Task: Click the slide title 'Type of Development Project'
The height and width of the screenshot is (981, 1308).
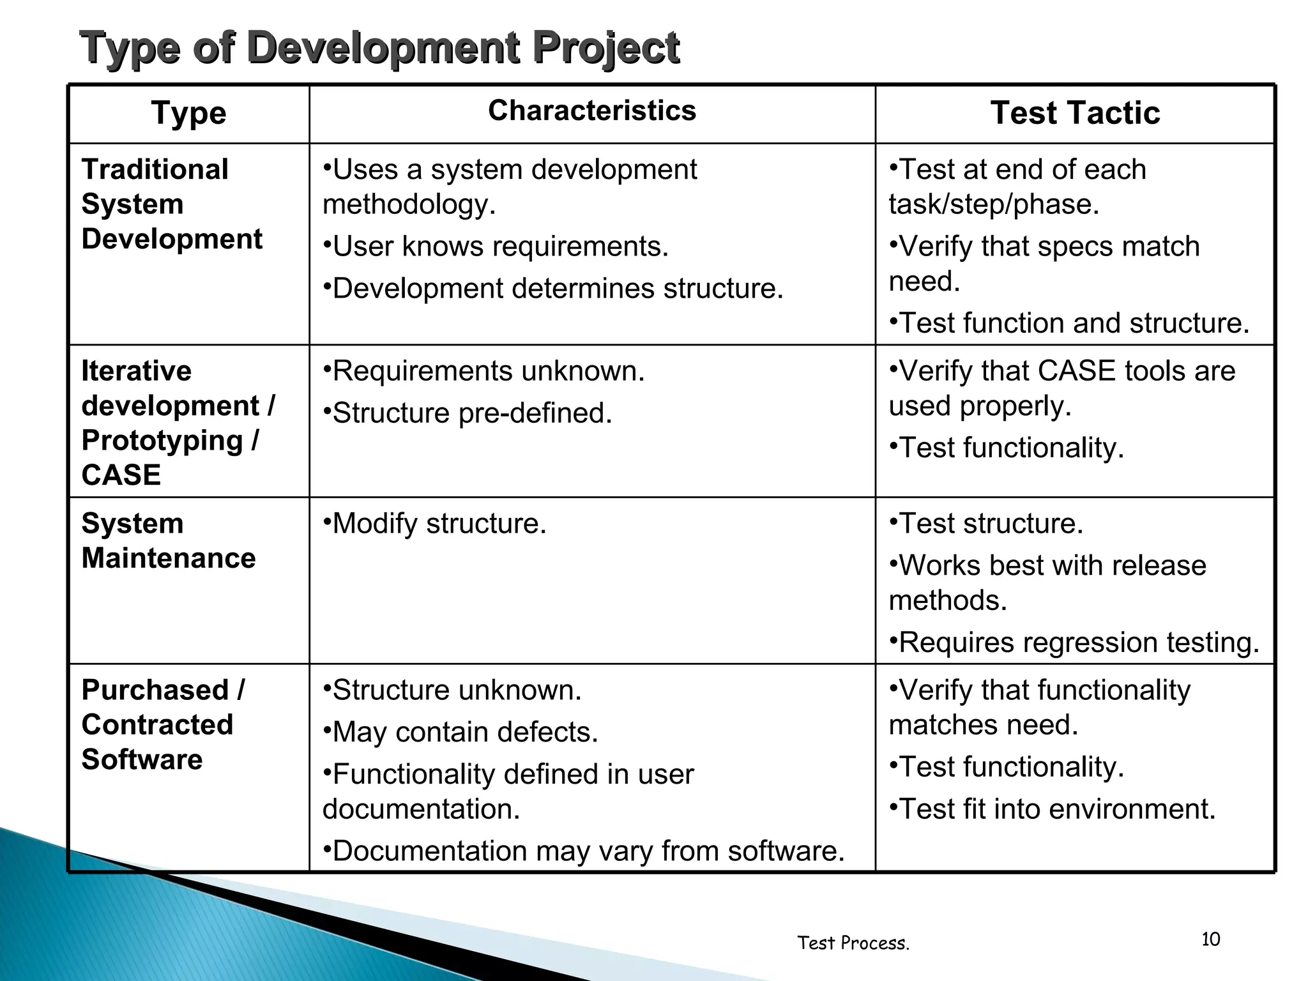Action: point(379,47)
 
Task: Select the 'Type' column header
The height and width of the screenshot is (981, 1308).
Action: point(188,114)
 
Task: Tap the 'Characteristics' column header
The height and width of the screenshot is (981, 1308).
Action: point(592,110)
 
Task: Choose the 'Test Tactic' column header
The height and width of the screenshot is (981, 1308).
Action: point(1075,113)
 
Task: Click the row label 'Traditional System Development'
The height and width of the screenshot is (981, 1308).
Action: point(171,204)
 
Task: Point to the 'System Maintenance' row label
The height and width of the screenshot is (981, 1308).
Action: point(168,541)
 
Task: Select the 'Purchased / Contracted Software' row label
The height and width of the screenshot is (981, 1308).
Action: point(162,725)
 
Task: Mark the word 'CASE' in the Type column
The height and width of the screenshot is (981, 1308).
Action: point(121,475)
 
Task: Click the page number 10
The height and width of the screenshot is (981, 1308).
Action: point(1210,939)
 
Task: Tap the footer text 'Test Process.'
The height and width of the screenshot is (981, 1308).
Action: point(853,943)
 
